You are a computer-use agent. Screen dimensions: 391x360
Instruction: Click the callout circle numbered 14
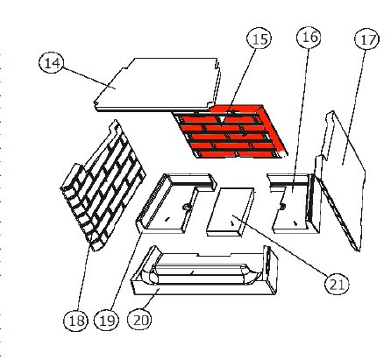(52, 63)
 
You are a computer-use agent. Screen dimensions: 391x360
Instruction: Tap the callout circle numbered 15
(259, 39)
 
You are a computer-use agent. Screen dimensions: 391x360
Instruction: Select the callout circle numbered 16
(309, 37)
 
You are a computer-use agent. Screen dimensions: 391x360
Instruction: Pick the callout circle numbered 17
(367, 39)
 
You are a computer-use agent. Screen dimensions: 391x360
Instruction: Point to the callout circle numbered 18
(75, 320)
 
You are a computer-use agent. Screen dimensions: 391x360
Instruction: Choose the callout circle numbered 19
(107, 320)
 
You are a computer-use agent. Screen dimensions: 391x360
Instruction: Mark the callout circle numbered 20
(140, 319)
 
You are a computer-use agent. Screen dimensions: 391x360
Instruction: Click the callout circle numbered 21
(337, 283)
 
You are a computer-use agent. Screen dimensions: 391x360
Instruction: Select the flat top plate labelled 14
(158, 85)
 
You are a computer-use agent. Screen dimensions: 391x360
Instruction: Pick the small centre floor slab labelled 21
(231, 212)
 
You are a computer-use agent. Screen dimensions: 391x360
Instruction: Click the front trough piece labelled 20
(204, 272)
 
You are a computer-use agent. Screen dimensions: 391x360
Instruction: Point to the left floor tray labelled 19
(175, 203)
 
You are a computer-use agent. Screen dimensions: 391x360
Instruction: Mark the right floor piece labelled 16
(295, 204)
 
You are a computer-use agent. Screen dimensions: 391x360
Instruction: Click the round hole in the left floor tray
(186, 207)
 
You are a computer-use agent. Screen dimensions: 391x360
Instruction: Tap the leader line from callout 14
(89, 78)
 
